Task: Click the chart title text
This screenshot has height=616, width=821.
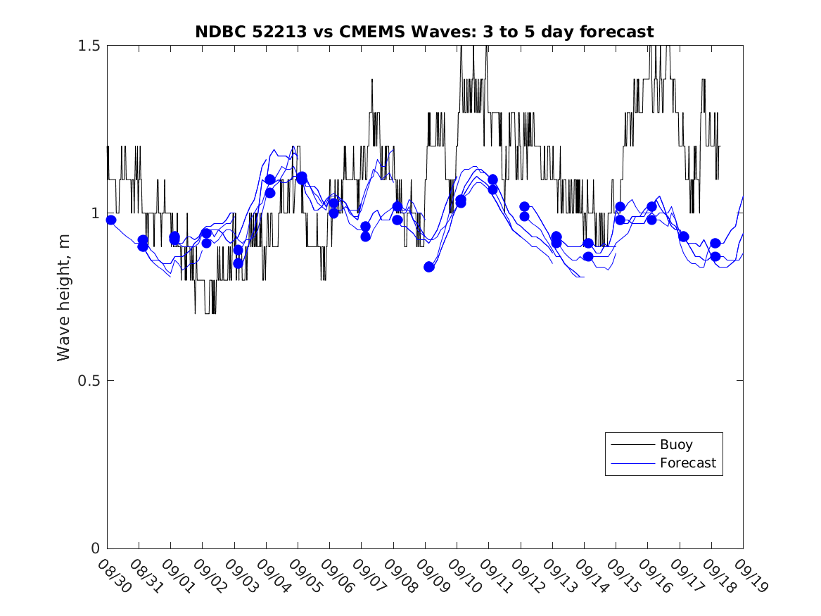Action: pos(424,32)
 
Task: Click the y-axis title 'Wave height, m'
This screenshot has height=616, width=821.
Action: pos(64,297)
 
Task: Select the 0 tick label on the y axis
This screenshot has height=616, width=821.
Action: pos(96,548)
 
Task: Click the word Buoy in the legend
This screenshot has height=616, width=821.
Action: pos(676,445)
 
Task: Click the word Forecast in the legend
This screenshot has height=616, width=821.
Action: pos(688,463)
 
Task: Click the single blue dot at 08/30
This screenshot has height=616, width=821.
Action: pos(111,220)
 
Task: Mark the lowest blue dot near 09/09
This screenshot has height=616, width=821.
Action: pos(429,267)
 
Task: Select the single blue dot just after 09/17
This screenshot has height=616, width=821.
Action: pos(684,237)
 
